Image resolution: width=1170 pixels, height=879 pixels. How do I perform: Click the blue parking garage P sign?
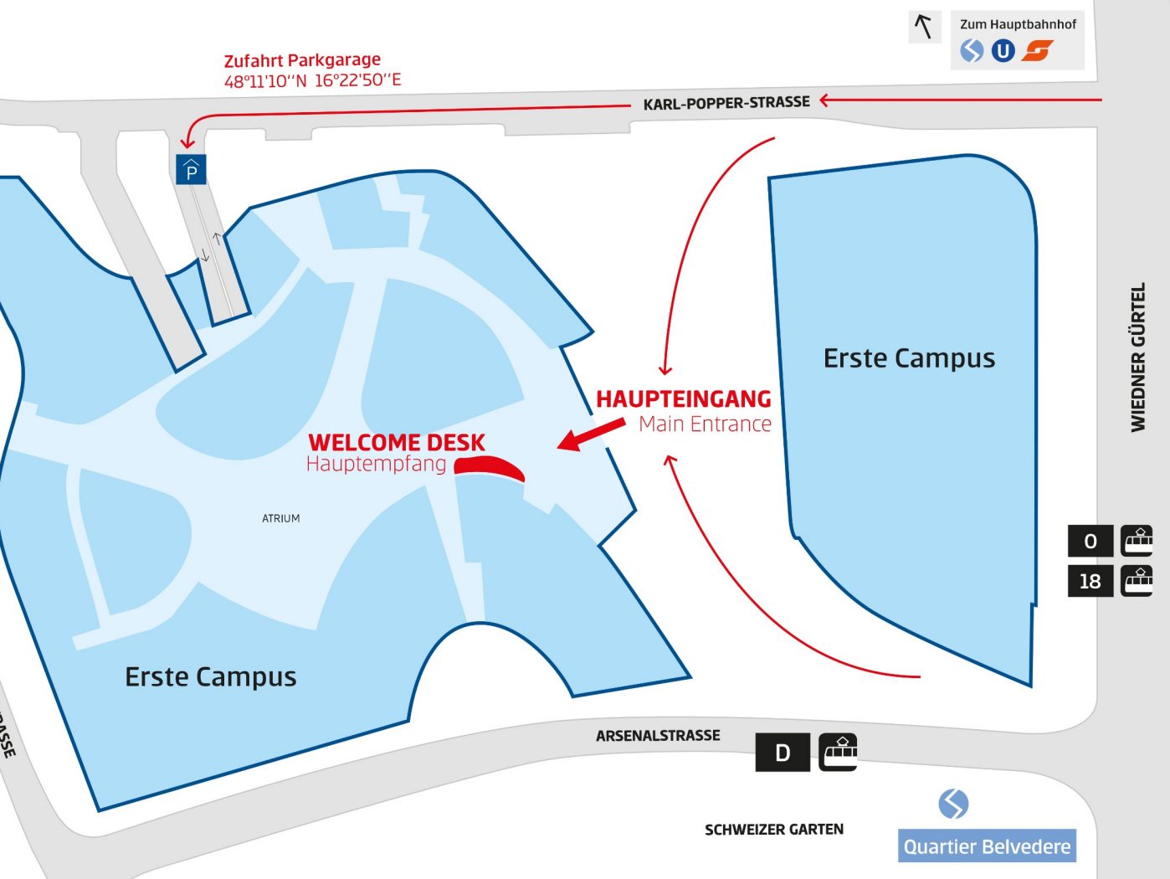coord(192,170)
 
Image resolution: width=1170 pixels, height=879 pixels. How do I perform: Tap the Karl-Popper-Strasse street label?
coord(726,103)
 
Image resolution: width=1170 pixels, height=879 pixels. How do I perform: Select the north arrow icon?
coord(924,27)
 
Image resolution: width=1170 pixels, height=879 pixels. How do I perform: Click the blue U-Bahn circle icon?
coord(1003,51)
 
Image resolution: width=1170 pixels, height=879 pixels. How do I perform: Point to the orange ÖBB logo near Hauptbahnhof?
coord(1038,51)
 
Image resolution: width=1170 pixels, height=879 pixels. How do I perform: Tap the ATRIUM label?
coord(280,518)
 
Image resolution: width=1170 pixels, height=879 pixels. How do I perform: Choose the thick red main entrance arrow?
coord(591,434)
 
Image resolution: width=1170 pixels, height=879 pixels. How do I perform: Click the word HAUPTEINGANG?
coord(683,399)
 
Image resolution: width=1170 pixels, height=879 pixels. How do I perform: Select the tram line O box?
coord(1090,541)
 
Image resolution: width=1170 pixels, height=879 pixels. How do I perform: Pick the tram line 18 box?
coord(1090,581)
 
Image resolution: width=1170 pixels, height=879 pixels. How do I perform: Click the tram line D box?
coord(783,753)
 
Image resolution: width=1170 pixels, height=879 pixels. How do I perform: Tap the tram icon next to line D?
coord(838,752)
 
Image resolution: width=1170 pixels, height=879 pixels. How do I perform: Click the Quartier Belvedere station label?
coord(987,846)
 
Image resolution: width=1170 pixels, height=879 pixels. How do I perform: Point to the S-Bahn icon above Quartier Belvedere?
coord(953,804)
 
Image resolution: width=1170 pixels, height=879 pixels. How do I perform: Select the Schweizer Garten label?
coord(773,830)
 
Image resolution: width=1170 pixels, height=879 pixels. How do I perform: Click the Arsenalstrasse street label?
coord(658,736)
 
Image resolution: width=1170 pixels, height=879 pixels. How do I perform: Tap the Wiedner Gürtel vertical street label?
coord(1138,357)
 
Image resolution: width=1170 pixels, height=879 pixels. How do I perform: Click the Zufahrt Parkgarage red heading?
coord(302,60)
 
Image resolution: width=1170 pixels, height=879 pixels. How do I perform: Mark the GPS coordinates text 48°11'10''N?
coord(265,81)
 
